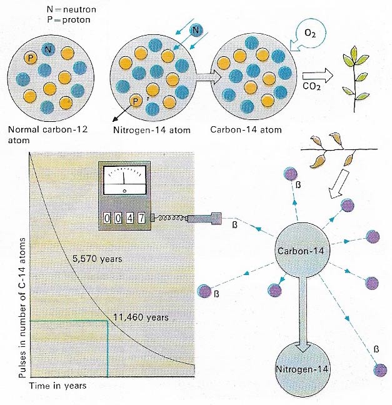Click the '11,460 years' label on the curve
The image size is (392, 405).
[142, 317]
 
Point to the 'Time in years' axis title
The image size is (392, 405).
[58, 385]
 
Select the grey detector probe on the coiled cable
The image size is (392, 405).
[203, 220]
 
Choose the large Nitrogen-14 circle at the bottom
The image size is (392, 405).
[302, 369]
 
